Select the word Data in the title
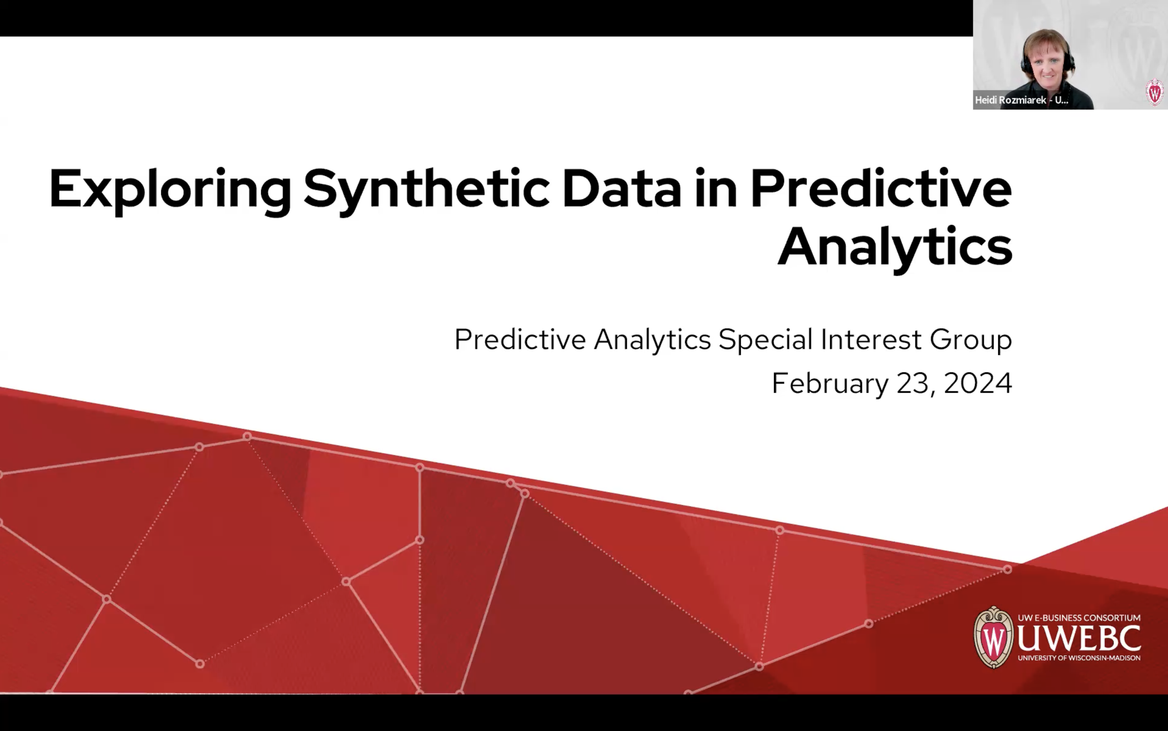pyautogui.click(x=622, y=190)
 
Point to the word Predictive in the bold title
pyautogui.click(x=881, y=190)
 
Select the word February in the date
pyautogui.click(x=830, y=384)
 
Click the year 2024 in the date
pyautogui.click(x=978, y=383)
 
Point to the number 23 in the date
pyautogui.click(x=912, y=383)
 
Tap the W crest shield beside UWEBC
pyautogui.click(x=993, y=637)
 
